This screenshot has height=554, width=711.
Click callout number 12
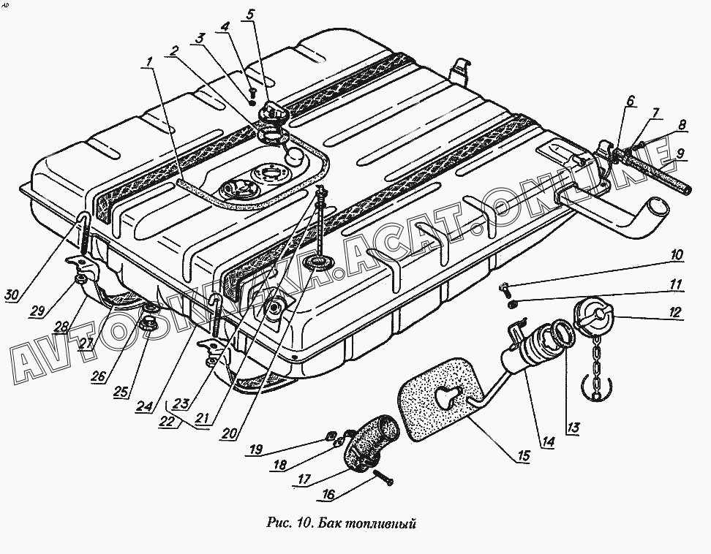click(673, 313)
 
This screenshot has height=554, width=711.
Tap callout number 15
click(523, 457)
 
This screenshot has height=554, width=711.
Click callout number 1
click(150, 61)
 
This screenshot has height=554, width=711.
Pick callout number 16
click(328, 496)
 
